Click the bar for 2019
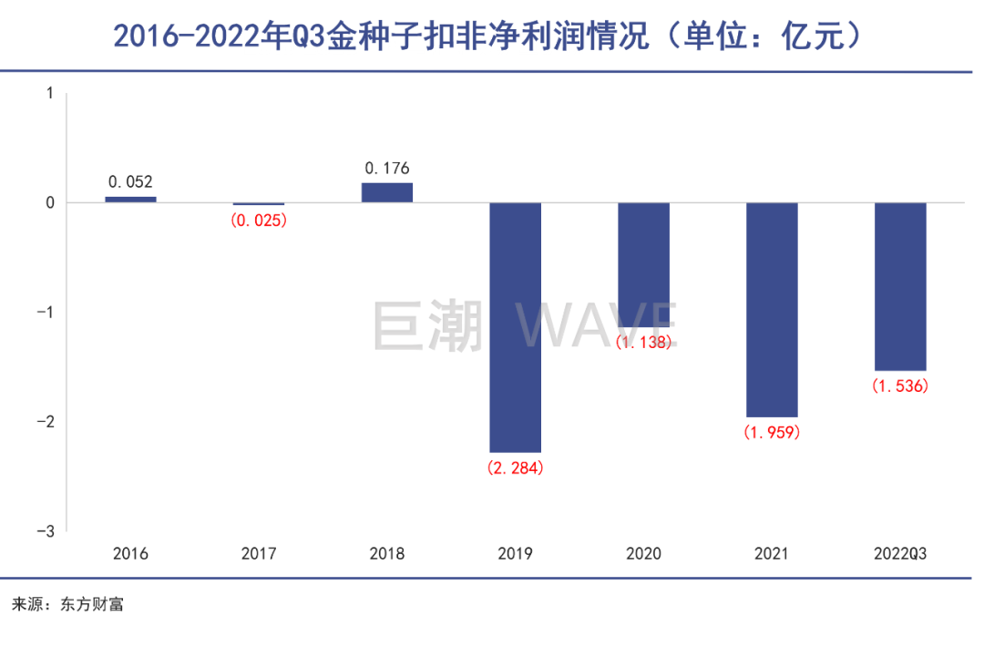coord(516,327)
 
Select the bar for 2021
coord(772,310)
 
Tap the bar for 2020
coord(644,264)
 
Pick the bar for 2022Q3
coord(900,286)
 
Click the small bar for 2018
coord(387,192)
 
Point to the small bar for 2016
coord(130,200)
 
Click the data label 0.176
coord(387,168)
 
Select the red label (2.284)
coord(516,468)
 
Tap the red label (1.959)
coord(772,433)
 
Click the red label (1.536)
coord(900,386)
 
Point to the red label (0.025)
coord(260,220)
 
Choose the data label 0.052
coord(130,182)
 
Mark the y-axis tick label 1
coord(50,93)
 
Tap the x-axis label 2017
coord(259,553)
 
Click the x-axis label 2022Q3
coord(900,553)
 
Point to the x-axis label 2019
coord(516,553)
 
